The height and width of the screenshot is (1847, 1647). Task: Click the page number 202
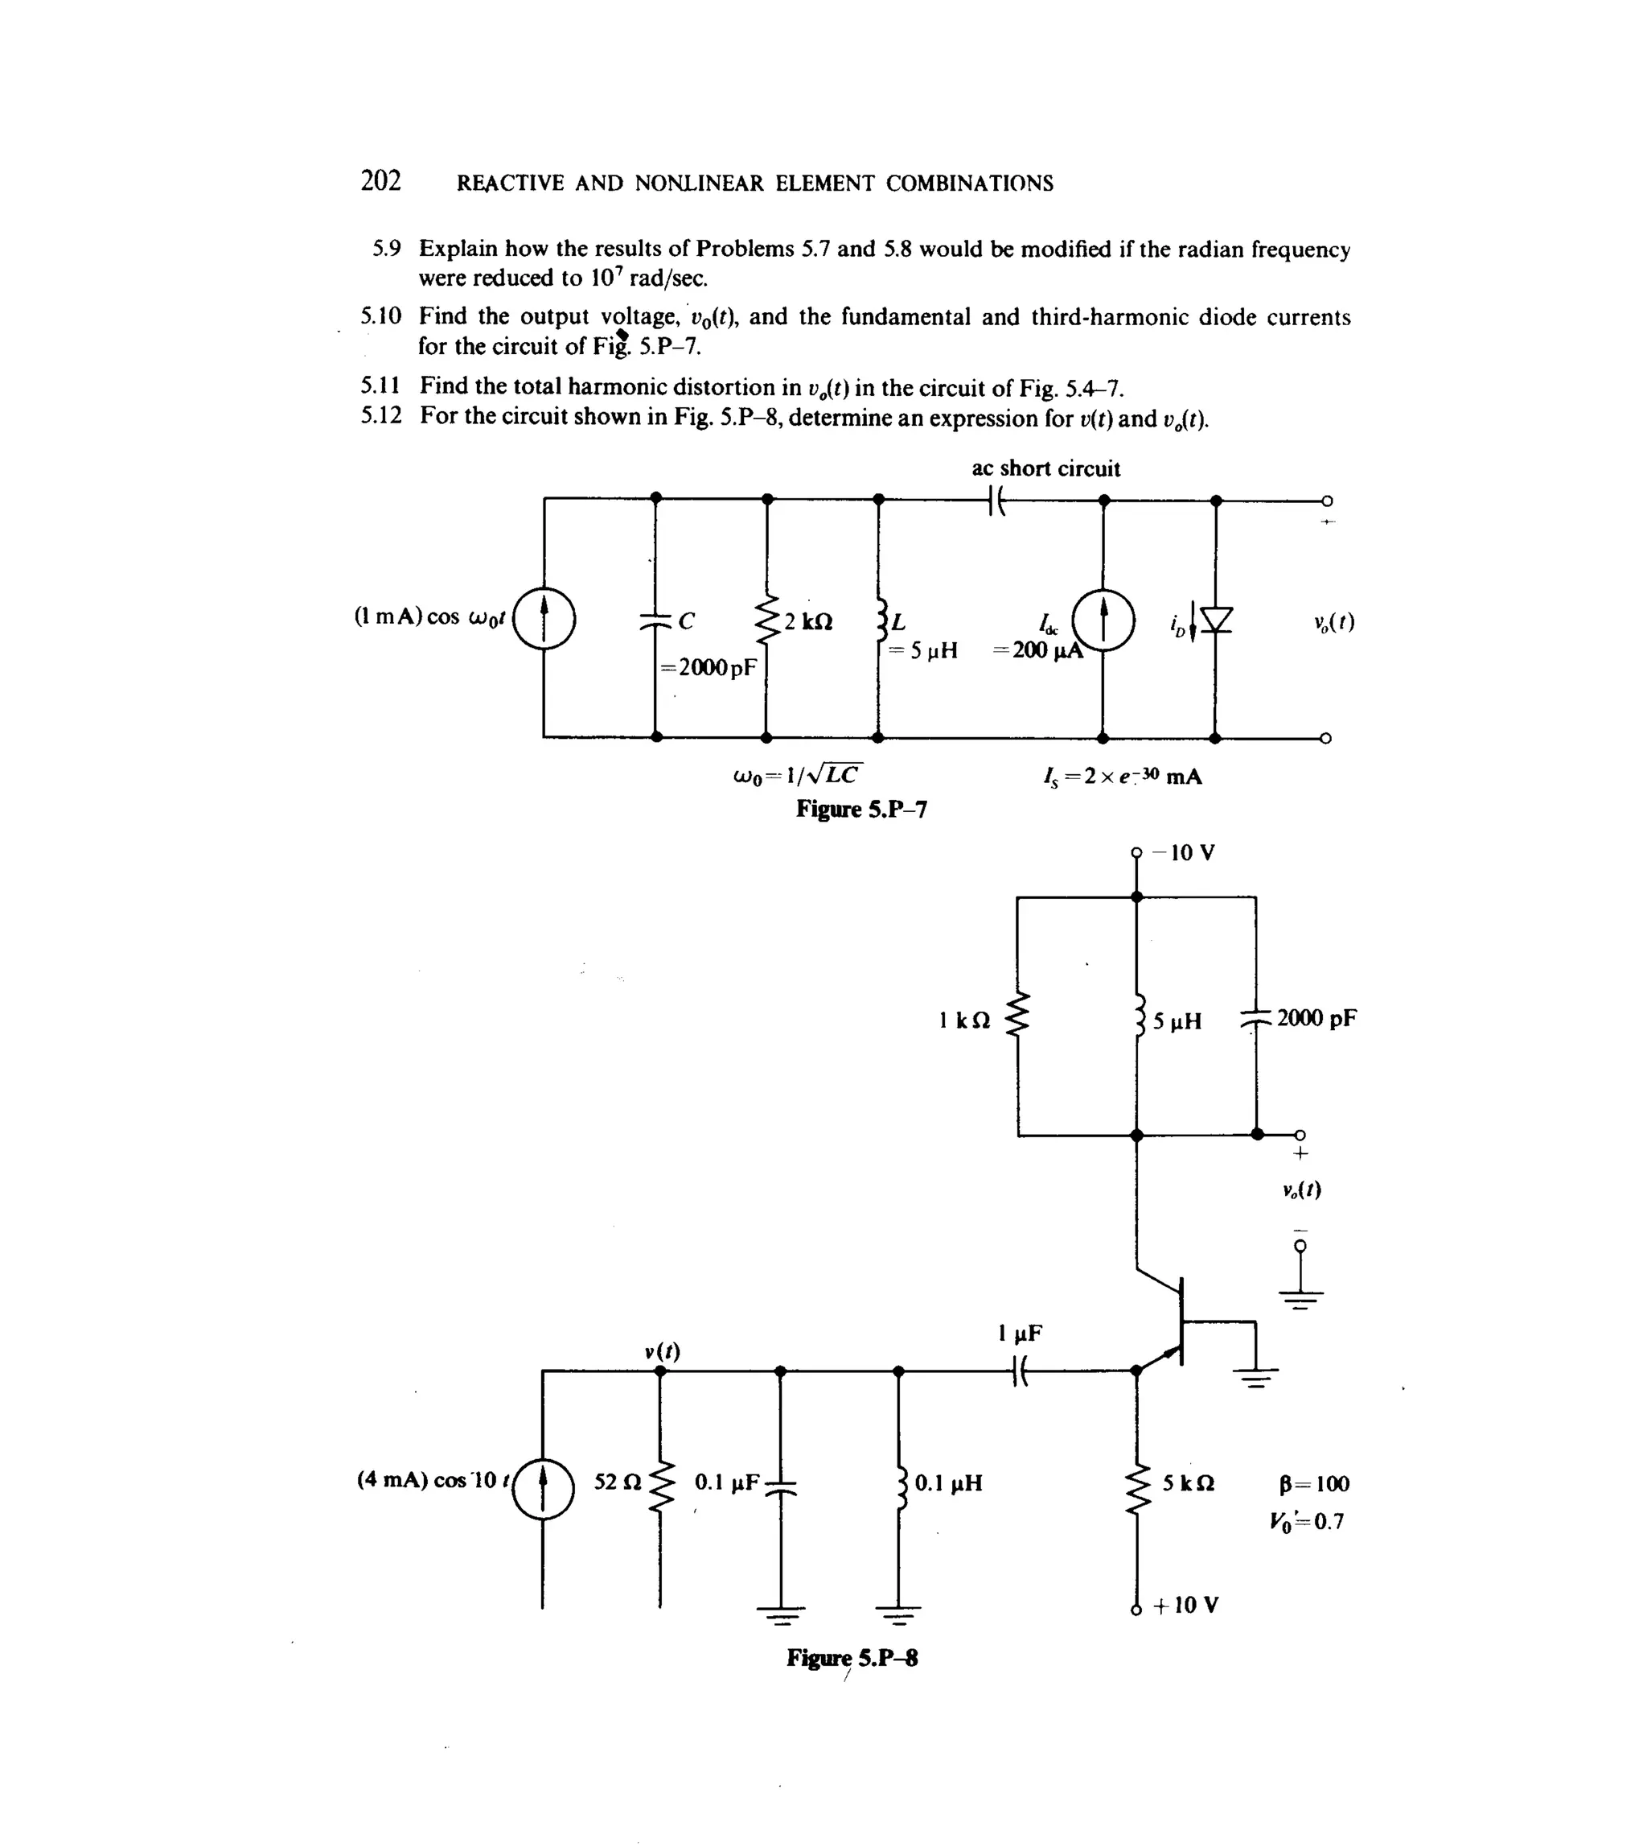coord(380,181)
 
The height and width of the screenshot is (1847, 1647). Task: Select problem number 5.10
coord(380,316)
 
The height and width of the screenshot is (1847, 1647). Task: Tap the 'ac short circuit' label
coord(1045,469)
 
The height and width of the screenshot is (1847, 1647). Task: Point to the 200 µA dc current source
coord(1103,620)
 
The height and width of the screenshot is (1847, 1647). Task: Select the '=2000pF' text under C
coord(708,668)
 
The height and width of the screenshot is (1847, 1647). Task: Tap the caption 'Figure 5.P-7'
coord(860,809)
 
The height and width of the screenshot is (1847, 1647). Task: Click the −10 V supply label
coord(1187,853)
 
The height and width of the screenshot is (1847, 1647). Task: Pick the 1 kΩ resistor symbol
coord(1019,1017)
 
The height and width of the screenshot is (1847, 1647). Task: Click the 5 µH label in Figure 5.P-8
coord(1177,1022)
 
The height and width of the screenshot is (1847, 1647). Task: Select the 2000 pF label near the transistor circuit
coord(1316,1017)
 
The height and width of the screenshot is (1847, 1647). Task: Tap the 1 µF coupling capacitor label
coord(1020,1334)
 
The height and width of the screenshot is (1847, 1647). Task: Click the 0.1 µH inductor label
coord(947,1483)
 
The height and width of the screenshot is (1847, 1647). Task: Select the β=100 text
coord(1314,1484)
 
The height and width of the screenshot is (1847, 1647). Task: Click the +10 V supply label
coord(1185,1606)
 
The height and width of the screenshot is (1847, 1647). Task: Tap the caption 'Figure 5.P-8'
coord(852,1658)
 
